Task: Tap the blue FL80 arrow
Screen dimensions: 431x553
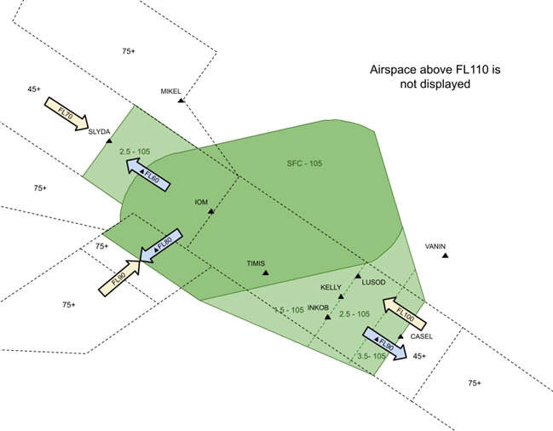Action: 162,245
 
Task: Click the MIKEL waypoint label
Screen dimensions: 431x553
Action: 172,91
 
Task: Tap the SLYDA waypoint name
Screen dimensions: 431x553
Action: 100,131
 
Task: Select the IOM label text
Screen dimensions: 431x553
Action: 202,202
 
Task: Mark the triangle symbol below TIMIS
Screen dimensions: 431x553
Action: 267,273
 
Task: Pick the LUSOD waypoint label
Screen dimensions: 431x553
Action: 374,282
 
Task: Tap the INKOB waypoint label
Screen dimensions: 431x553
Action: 319,307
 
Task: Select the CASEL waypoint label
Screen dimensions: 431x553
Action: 422,336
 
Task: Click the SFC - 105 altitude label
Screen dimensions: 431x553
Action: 304,163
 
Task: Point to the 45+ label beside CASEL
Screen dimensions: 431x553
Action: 419,356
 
